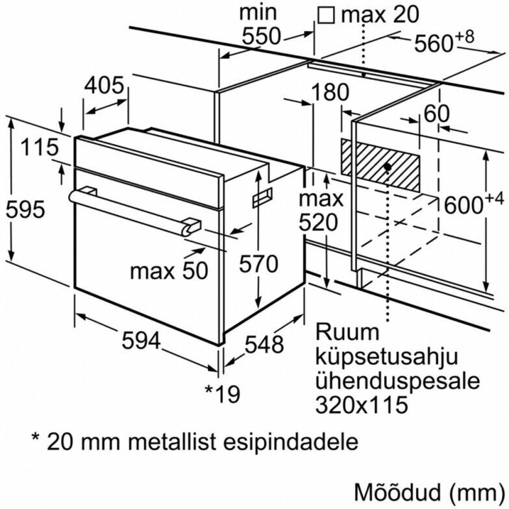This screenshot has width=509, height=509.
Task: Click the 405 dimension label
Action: coord(105,86)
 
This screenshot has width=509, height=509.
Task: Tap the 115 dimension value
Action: coord(38,148)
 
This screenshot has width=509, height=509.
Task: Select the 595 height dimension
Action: coord(24,210)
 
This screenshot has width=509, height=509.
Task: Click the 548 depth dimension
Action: coord(264,345)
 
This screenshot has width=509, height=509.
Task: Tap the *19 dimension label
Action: coord(222,393)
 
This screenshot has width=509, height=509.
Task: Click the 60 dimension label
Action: coord(436,113)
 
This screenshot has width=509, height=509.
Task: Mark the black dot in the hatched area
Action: coord(387,167)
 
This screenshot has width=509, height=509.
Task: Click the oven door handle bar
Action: coord(130,208)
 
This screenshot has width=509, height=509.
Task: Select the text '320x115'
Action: coord(362,405)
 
